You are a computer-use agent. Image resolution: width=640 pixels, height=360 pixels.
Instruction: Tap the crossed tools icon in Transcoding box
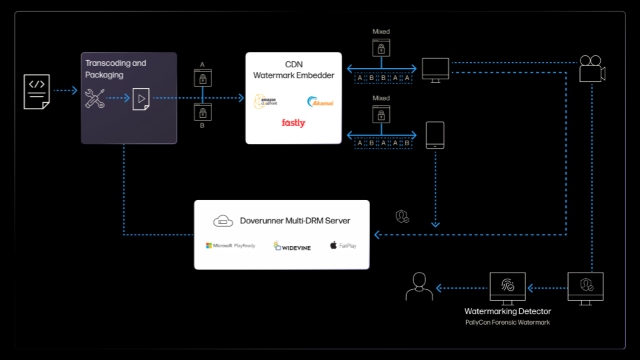(95, 99)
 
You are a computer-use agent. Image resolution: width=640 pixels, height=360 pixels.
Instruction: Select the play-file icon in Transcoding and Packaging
(141, 99)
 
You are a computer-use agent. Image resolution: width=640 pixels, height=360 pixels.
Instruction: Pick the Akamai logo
(320, 102)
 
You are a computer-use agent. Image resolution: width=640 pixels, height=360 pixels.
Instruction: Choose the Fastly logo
(293, 123)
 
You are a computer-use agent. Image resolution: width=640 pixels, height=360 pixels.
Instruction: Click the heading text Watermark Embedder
(293, 75)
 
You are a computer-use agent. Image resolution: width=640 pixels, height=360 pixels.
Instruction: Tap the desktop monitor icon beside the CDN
(435, 69)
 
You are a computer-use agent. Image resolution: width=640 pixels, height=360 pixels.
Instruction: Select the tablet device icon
(435, 136)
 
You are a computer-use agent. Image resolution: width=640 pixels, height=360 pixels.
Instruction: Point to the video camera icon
(591, 69)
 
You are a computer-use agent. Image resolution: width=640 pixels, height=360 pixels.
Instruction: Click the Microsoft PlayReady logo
(230, 246)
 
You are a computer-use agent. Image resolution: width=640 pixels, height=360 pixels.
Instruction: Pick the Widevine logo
(292, 246)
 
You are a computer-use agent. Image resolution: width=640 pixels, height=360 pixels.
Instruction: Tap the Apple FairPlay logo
(343, 246)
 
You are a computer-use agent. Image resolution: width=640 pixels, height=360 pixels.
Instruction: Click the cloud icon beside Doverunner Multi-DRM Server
(223, 221)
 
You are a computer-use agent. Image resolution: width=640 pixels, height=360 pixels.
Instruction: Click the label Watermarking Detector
(507, 311)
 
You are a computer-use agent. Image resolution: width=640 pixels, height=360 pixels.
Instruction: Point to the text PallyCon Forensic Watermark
(507, 323)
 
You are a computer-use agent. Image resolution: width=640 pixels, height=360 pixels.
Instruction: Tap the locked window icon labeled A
(202, 78)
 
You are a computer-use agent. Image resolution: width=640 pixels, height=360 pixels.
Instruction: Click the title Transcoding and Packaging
(115, 69)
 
